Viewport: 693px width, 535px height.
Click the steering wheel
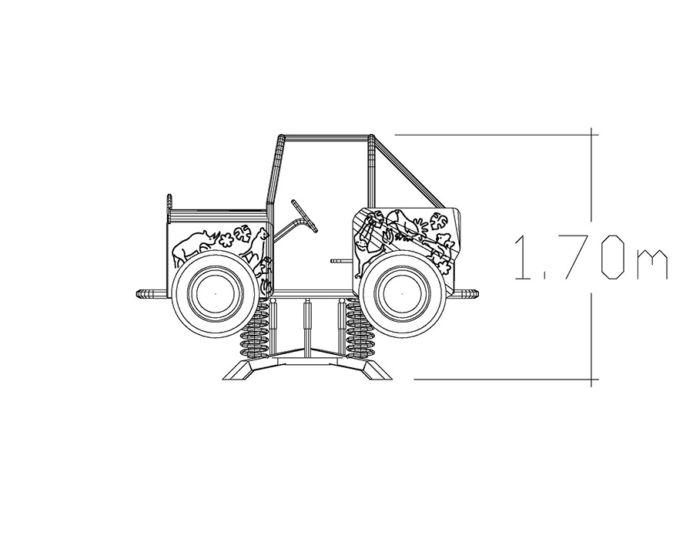303,216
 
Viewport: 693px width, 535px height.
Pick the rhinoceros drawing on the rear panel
196,247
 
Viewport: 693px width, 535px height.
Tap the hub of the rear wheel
216,293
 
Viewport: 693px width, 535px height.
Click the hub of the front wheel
402,293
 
